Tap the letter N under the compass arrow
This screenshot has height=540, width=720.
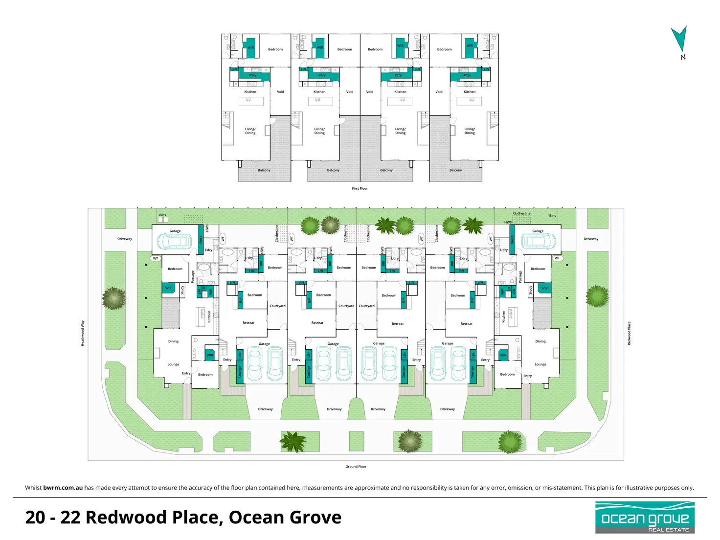pos(683,57)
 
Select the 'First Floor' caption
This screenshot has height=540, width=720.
pos(360,188)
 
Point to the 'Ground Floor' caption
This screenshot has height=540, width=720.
pos(356,467)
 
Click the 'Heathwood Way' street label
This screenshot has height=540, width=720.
pos(83,334)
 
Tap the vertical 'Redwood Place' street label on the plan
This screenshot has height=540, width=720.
pos(629,334)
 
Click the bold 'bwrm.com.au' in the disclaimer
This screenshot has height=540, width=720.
pos(63,488)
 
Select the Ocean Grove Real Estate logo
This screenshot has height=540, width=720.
pos(645,517)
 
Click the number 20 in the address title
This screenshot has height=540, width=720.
pos(35,517)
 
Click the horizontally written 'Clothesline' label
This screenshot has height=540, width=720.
pos(521,213)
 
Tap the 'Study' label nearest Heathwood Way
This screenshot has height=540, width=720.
pos(182,290)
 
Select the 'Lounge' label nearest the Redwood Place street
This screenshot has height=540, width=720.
pos(540,364)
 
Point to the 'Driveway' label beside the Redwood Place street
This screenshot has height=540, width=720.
pos(591,239)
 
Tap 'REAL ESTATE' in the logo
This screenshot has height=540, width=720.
pos(668,530)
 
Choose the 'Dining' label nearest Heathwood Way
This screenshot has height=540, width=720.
pos(173,341)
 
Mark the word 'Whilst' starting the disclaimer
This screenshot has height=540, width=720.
pos(33,488)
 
